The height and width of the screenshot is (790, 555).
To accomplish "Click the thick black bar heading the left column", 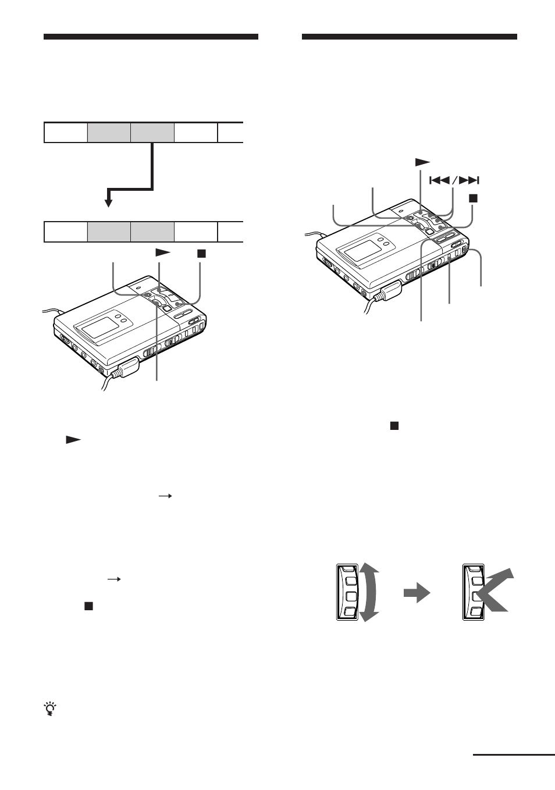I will click(x=151, y=37).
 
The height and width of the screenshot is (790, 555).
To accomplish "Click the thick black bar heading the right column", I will click(x=409, y=37).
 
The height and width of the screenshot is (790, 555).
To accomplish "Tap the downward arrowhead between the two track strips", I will click(x=108, y=202).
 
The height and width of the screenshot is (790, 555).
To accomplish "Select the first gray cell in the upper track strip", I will click(x=109, y=133).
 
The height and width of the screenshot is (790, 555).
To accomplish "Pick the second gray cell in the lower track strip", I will click(x=152, y=232).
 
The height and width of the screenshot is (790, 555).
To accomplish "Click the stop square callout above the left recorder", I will click(x=201, y=253).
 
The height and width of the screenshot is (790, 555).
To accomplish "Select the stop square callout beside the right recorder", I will click(x=473, y=198).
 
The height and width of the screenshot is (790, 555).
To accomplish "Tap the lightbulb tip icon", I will click(x=51, y=709).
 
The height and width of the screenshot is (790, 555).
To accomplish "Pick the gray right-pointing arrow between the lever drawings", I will click(x=417, y=594).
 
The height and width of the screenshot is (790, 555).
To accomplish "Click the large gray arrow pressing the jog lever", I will click(x=496, y=592).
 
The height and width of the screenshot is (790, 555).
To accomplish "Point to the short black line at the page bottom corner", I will click(x=514, y=755).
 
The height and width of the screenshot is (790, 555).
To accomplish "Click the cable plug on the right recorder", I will click(x=388, y=290).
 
